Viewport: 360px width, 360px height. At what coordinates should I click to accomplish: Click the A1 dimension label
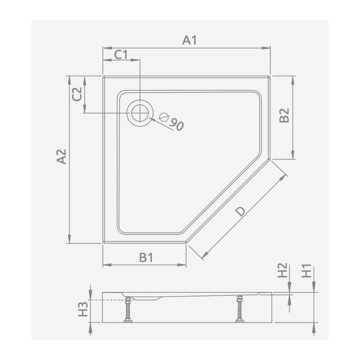[189, 40]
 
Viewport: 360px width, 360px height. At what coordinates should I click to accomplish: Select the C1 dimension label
[121, 54]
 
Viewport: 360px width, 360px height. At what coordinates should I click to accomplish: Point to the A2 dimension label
[61, 157]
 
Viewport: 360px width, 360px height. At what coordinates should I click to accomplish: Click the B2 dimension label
[284, 115]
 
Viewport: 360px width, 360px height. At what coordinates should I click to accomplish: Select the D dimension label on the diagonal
[240, 211]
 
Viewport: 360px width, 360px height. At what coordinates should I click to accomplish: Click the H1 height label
[306, 271]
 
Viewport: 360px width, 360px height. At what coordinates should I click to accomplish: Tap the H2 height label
[283, 271]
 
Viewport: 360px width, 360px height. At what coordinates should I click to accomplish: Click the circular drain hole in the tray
[140, 112]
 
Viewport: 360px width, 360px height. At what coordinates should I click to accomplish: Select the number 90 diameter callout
[176, 124]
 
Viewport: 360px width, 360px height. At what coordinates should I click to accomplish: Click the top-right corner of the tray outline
[269, 76]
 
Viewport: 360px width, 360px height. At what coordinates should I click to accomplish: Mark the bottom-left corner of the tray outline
[103, 242]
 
